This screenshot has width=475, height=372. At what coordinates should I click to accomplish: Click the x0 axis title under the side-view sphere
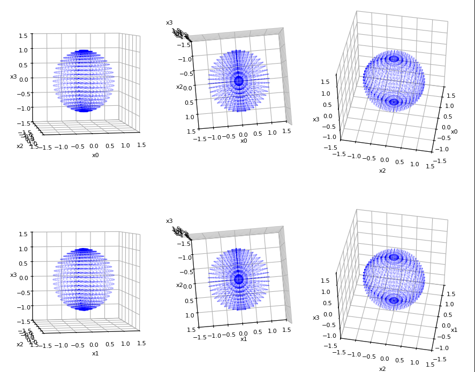tap(95, 155)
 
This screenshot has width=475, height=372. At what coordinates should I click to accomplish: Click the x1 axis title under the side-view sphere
tap(95, 353)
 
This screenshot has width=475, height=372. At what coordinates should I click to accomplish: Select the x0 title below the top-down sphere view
tap(244, 141)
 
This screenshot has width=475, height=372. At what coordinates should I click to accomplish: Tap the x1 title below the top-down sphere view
tap(244, 339)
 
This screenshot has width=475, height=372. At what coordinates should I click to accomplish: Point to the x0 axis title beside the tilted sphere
tap(454, 131)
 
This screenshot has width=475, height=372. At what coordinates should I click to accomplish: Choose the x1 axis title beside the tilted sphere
tap(454, 330)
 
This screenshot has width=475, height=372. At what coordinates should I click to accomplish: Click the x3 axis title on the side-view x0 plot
tap(13, 76)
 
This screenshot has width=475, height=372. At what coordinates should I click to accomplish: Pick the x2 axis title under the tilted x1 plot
tap(382, 369)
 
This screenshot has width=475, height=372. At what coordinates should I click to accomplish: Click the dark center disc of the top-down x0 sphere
tap(239, 81)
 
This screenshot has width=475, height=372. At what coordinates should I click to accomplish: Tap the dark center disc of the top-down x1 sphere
tap(239, 280)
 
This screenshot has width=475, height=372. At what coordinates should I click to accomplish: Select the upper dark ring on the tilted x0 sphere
tap(394, 59)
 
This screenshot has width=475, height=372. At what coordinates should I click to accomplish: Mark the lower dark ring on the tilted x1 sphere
tap(394, 300)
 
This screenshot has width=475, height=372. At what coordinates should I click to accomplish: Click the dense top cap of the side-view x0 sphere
tap(83, 52)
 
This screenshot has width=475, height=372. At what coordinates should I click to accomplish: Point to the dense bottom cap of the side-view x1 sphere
tap(83, 307)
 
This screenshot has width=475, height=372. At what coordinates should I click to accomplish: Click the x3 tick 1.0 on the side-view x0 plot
tap(24, 50)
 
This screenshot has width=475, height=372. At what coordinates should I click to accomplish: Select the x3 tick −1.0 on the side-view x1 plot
tap(24, 307)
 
